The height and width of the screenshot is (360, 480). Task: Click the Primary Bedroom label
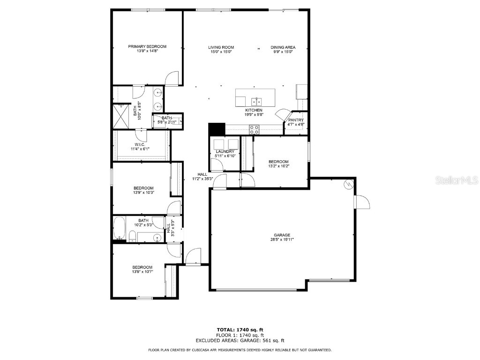point(147,46)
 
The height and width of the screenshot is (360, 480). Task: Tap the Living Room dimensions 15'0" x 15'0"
point(221,52)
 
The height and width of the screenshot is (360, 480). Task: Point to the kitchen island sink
point(255,101)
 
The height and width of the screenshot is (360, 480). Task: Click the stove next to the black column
point(254,129)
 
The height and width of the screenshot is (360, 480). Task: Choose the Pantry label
point(296,120)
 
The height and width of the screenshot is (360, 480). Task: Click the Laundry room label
point(225,151)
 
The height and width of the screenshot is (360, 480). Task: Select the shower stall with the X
point(121,115)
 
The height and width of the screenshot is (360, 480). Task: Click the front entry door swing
point(193,257)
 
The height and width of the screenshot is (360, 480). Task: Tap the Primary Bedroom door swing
point(172,78)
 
